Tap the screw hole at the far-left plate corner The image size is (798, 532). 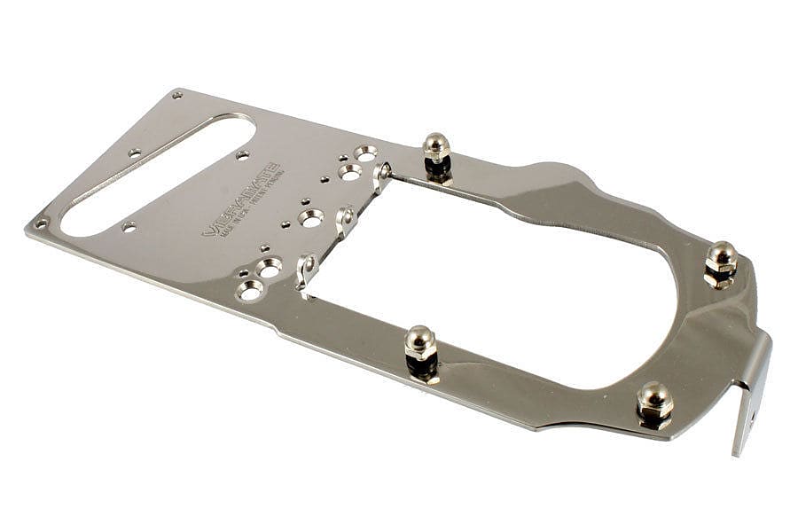(x=40, y=223)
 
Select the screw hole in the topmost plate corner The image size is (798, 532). (x=177, y=94)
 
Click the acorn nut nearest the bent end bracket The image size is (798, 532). (x=654, y=401)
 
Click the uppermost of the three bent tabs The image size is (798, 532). (x=382, y=176)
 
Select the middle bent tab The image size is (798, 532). (x=345, y=220)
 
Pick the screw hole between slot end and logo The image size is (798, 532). (x=242, y=156)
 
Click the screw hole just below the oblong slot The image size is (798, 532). (x=129, y=227)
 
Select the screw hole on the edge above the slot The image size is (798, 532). (x=135, y=153)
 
